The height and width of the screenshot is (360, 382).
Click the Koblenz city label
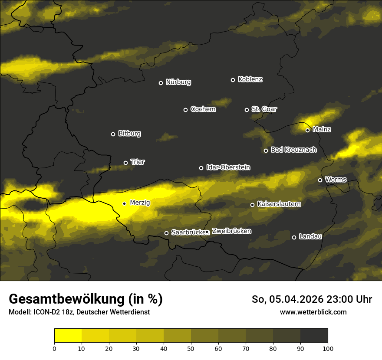point(250,79)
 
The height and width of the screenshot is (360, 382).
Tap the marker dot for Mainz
point(307,130)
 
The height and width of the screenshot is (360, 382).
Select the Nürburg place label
point(178,82)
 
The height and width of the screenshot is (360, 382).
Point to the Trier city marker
point(126,163)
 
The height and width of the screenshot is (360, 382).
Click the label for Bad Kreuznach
point(293,150)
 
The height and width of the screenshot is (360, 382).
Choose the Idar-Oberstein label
point(228,167)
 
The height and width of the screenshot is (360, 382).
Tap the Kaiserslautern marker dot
point(252,205)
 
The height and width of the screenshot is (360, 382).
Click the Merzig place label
point(140,203)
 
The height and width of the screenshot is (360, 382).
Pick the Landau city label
point(310,236)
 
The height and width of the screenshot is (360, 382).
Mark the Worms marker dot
point(320,180)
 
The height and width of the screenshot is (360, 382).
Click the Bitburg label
point(129,134)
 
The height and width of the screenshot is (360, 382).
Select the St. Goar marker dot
point(247,110)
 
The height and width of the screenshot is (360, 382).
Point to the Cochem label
point(203,109)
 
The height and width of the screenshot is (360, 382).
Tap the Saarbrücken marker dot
point(166,233)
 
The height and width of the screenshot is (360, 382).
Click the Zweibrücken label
point(231,231)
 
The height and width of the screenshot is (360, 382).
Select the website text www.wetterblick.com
point(313,312)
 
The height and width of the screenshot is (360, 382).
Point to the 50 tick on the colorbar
point(191,348)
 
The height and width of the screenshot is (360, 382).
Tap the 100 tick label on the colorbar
point(328,348)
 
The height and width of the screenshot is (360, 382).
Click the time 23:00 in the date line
point(330,299)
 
